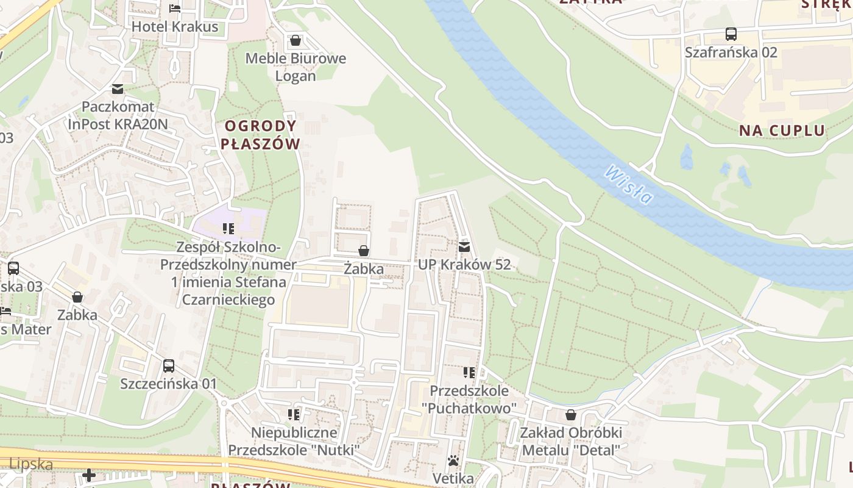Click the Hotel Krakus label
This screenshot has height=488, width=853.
point(175,27)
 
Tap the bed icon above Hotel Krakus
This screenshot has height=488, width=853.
point(175,9)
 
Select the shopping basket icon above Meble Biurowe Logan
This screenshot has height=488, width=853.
point(296,40)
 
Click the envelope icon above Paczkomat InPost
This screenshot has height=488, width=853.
point(118,89)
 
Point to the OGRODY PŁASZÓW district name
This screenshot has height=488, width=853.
point(261,135)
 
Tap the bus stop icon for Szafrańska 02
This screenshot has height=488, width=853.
point(731,34)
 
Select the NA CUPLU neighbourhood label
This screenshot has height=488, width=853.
point(782,130)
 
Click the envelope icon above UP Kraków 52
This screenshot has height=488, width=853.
point(464,247)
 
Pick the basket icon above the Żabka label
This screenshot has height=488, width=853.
point(364,251)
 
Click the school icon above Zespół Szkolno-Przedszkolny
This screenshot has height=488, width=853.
point(228,229)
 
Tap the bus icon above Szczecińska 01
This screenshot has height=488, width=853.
point(169,366)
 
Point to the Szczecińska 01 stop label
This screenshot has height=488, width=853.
point(169,384)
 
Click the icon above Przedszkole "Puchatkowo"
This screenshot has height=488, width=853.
point(469,372)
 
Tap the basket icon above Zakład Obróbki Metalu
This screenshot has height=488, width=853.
point(571,415)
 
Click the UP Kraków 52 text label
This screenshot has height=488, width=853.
point(464,265)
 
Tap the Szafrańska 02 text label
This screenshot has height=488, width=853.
point(731,52)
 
